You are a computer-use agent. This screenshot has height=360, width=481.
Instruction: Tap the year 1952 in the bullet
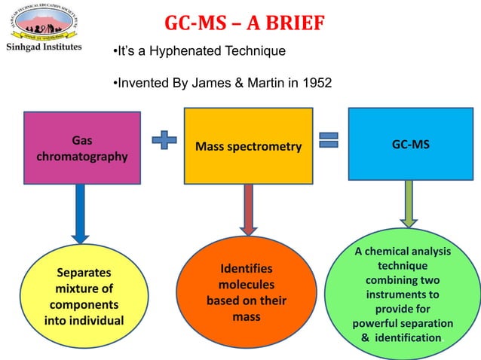[x=315, y=82]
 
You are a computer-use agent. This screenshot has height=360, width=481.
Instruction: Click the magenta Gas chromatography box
[x=82, y=148]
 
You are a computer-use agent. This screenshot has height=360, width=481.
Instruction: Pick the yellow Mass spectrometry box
[x=248, y=146]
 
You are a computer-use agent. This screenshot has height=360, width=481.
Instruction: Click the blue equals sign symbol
[x=329, y=141]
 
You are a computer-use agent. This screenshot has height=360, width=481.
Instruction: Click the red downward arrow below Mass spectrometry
[x=248, y=214]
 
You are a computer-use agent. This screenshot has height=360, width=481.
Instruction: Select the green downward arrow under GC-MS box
[x=408, y=203]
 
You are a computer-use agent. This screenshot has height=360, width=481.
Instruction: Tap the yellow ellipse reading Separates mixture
[x=83, y=297]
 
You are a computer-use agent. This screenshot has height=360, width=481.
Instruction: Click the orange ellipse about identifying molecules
[x=247, y=294]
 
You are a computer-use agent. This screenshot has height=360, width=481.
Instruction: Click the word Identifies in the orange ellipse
[x=247, y=269]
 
